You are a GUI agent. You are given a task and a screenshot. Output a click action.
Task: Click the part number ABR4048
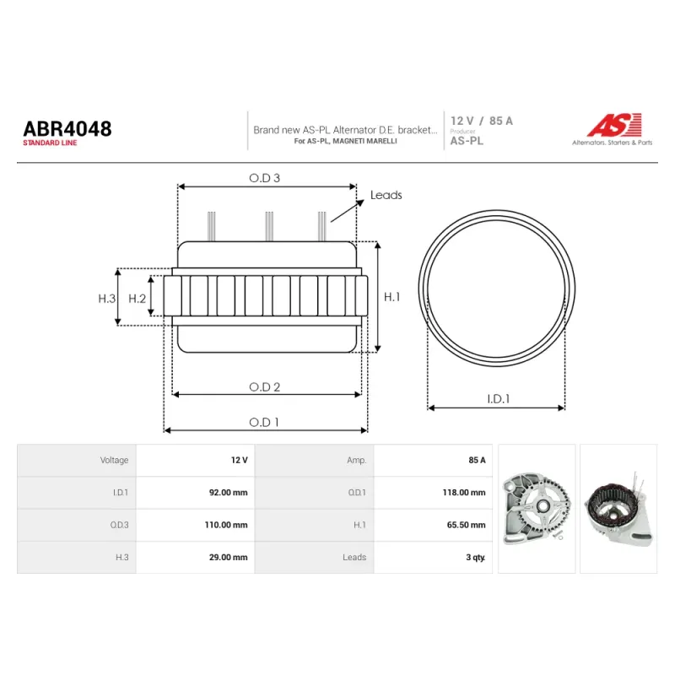[x=67, y=129]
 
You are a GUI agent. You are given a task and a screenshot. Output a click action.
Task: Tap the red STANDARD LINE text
[x=50, y=143]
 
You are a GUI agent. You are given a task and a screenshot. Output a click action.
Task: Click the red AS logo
[x=615, y=125]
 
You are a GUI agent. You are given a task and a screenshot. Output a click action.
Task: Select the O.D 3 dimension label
[x=264, y=178]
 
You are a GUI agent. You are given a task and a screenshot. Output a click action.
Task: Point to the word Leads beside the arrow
[x=386, y=195]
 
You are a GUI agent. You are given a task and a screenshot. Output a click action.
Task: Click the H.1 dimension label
[x=391, y=297]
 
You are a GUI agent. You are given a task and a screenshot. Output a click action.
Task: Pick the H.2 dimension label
[x=138, y=299]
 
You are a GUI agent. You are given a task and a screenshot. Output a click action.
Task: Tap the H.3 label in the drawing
[x=107, y=299]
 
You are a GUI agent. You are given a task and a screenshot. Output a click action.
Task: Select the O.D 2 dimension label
[x=264, y=387]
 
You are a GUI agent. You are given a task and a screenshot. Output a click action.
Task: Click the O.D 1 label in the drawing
[x=264, y=423]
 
